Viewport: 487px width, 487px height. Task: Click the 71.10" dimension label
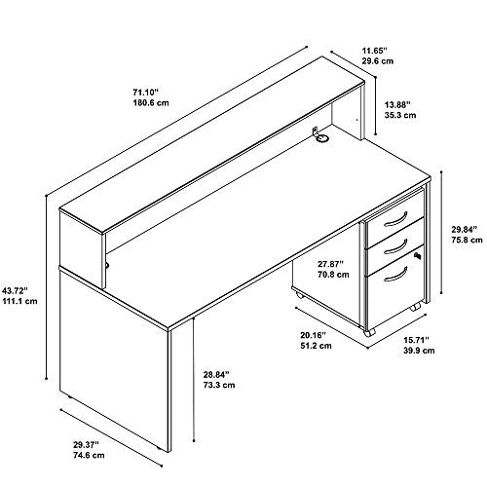point(145,93)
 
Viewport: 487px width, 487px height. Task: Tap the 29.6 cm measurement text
point(378,61)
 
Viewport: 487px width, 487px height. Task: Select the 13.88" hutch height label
point(397,104)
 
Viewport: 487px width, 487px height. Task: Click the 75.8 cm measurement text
point(468,241)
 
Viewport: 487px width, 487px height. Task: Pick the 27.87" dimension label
point(330,263)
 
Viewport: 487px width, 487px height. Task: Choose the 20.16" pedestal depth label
point(313,335)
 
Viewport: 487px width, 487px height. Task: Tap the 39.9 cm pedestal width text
point(419,351)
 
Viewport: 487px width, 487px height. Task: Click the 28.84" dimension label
point(216,374)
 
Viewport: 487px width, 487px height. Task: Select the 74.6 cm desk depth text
point(89,455)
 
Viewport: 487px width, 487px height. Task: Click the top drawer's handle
point(395,220)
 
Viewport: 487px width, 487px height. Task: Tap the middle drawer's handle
point(395,247)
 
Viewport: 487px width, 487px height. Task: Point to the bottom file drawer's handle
point(395,275)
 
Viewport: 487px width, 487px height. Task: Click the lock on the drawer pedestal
point(418,256)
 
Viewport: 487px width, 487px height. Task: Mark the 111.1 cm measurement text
point(19,301)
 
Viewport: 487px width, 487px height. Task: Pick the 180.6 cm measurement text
point(151,103)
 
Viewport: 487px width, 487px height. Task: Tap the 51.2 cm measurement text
point(316,346)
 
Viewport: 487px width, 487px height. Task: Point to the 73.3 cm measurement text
point(219,386)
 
